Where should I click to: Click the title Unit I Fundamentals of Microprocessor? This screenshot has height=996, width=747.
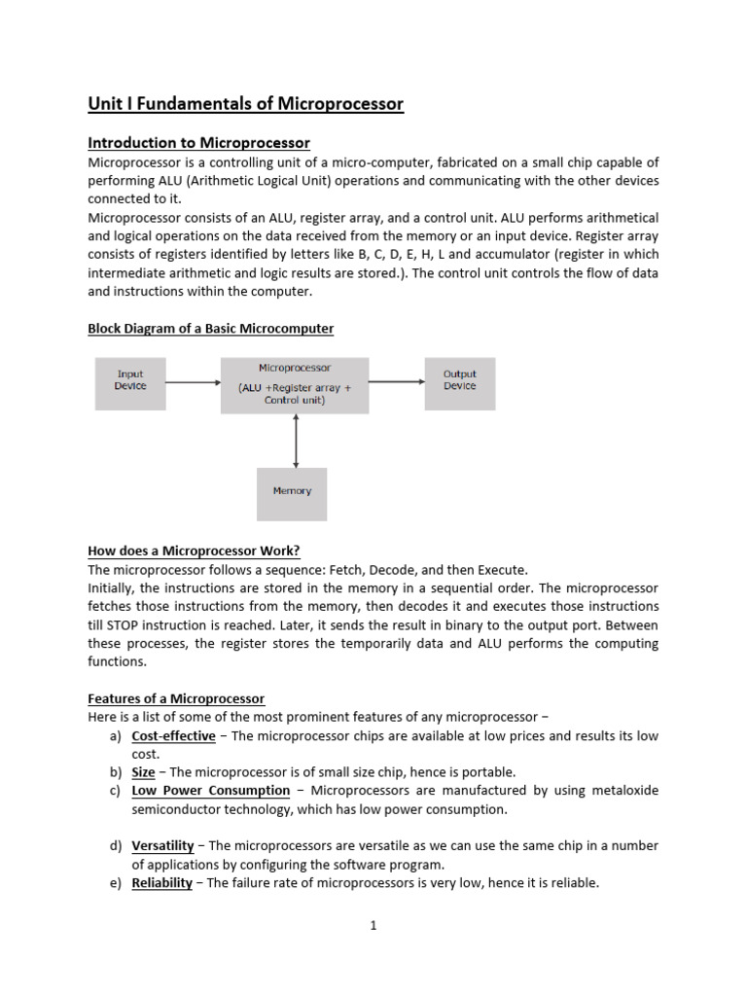245,104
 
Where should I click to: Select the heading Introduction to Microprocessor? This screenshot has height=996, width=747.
198,143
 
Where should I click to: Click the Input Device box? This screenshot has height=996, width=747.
130,380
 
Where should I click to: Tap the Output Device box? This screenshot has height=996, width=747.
460,380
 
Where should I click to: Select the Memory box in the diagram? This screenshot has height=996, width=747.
292,492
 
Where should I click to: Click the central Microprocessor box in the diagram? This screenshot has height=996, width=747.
295,385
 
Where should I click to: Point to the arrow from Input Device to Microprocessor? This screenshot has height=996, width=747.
194,382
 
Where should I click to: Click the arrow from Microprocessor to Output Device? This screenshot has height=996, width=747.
397,382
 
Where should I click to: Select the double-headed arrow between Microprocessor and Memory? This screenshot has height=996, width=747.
295,441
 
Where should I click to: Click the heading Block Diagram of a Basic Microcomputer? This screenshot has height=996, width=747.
210,329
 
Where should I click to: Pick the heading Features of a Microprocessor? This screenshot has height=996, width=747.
176,699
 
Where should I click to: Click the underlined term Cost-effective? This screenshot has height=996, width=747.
173,736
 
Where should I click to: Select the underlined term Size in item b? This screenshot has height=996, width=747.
143,772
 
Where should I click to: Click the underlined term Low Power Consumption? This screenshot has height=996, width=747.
210,791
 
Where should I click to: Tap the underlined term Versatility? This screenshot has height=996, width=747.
162,846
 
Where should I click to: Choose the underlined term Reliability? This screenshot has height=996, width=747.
161,883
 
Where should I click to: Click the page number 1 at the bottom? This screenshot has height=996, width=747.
373,926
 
